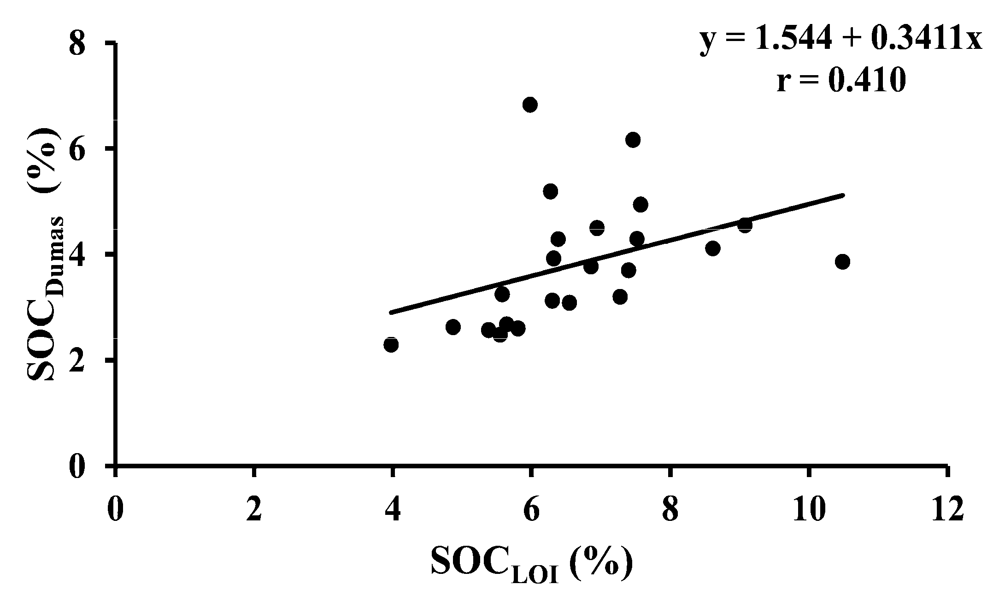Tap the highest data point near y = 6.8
[530, 105]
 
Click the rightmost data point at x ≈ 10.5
[842, 262]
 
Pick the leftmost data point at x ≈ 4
[391, 344]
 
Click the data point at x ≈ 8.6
[713, 248]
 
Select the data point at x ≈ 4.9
[453, 327]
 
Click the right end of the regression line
[843, 195]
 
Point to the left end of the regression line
[391, 313]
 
